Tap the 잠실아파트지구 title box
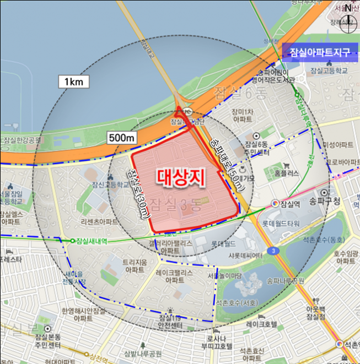316,53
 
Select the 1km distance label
74,82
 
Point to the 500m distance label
122,138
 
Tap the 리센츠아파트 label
99,222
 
